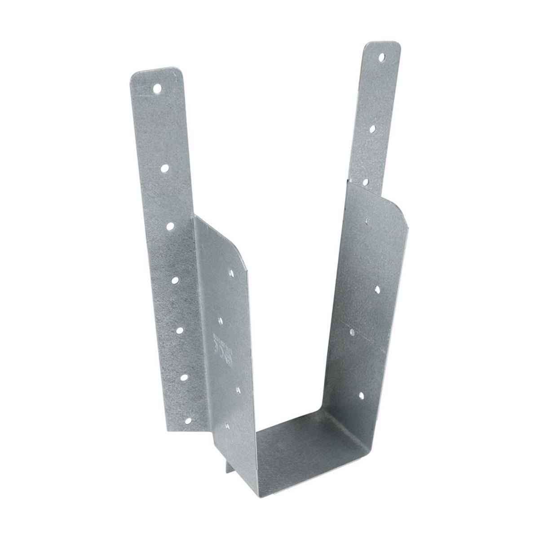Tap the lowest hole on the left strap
point(188,421)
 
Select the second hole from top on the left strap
point(164,168)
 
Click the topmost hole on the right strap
point(381,57)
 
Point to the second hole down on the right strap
point(372,129)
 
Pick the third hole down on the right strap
point(366,182)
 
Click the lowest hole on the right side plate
point(361,396)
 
